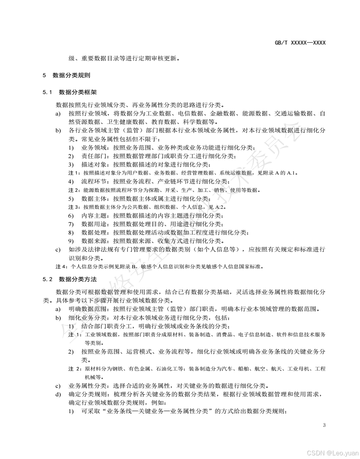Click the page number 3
pos(324,425)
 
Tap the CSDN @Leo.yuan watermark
pos(332,453)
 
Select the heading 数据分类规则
pos(71,75)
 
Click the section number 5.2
pos(48,279)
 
